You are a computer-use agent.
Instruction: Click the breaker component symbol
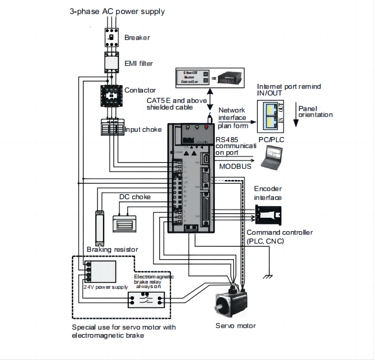point(111,37)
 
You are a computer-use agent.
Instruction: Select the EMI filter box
point(111,62)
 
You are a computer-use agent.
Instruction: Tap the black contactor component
point(111,96)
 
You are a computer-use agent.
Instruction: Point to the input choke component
point(111,127)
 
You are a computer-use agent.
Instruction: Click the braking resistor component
point(100,227)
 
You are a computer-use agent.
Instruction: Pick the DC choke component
point(124,223)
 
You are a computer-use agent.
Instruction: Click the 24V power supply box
point(100,271)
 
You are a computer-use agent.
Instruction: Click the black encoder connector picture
point(268,215)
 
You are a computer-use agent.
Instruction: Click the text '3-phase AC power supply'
point(117,11)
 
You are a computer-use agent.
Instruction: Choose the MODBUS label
point(235,166)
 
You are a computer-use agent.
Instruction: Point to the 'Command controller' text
point(280,233)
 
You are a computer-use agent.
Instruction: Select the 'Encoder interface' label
point(268,193)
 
